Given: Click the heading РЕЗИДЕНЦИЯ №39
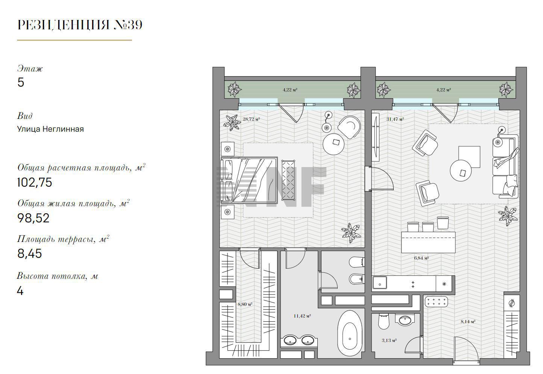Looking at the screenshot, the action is (x=80, y=25).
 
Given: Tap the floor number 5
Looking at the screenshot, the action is (x=21, y=82).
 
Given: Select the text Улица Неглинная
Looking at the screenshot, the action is (x=50, y=129).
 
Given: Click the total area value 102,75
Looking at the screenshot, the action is (x=35, y=182).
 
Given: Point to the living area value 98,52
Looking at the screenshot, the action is (x=33, y=218).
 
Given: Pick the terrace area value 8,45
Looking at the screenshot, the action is (x=30, y=254).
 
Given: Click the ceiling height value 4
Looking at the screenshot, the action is (x=20, y=291).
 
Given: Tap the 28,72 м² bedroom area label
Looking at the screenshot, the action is (x=251, y=119).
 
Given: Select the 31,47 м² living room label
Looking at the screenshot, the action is (x=395, y=119).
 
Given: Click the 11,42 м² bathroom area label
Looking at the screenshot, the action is (x=302, y=316).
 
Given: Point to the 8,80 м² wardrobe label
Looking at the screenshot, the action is (x=245, y=304).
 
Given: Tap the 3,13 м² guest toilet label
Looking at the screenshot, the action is (x=389, y=340).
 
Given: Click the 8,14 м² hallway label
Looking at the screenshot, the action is (x=468, y=322).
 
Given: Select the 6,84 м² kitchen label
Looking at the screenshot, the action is (x=421, y=258).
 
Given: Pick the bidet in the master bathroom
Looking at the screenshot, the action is (x=356, y=279).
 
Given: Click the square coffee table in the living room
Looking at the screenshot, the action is (x=469, y=157).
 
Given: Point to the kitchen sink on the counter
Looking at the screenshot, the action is (x=379, y=284).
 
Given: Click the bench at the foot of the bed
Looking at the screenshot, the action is (x=288, y=180).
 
